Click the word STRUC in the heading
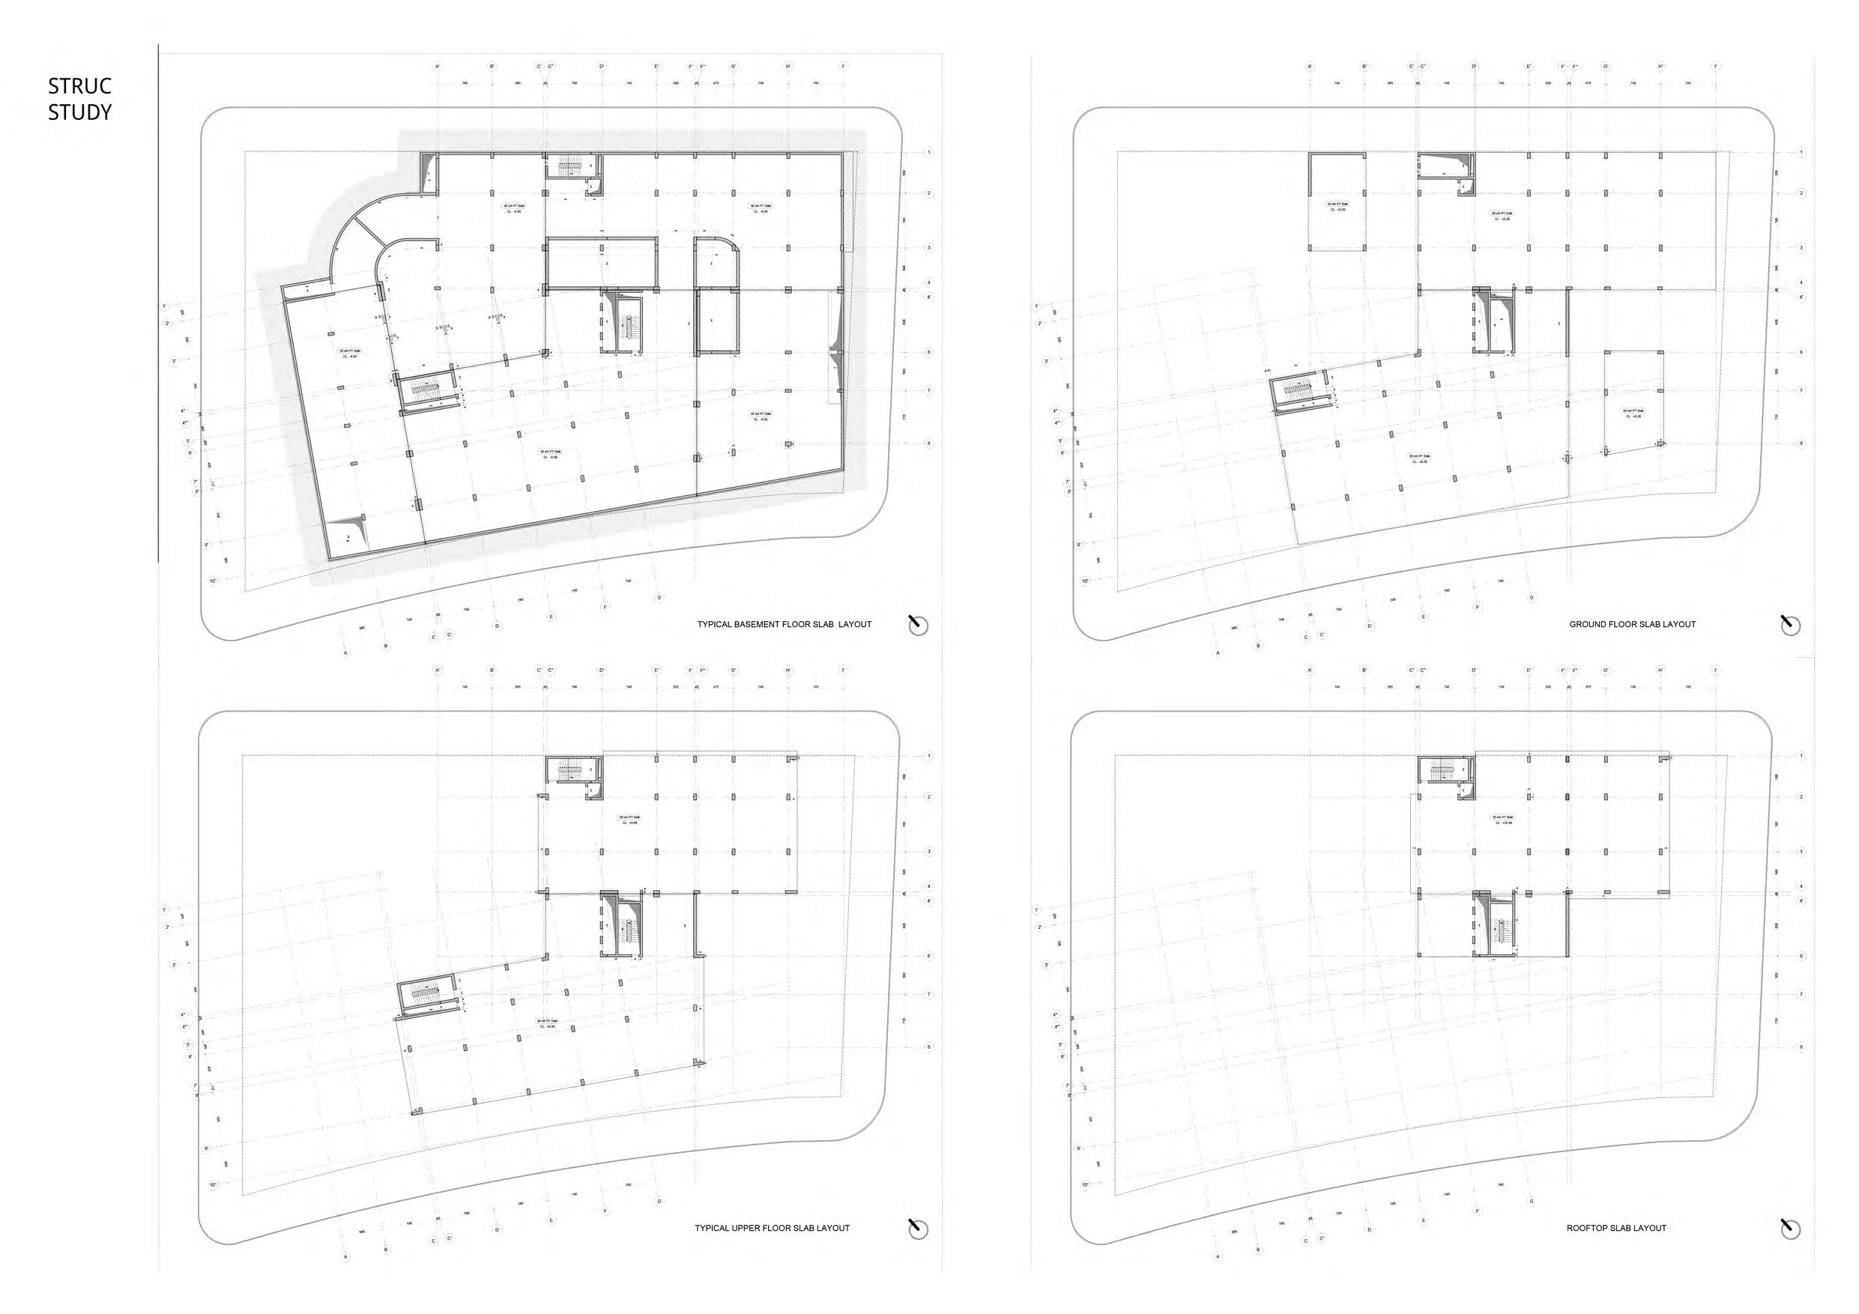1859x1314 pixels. click(79, 86)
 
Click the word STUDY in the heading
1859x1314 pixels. click(79, 112)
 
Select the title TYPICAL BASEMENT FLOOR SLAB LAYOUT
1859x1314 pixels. click(784, 624)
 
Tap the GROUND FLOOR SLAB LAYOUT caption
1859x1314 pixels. click(1632, 624)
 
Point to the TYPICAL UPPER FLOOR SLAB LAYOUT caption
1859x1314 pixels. click(772, 1228)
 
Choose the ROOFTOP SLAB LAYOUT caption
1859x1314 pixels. click(1616, 1228)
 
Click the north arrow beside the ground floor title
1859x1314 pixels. click(1790, 625)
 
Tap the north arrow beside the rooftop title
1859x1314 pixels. click(1790, 1229)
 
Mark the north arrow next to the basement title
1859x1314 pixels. click(917, 625)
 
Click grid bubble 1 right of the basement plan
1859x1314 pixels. click(928, 152)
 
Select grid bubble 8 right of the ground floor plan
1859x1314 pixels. click(1801, 443)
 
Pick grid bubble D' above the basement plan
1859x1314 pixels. click(602, 67)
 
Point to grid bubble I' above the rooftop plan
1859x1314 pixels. click(1716, 670)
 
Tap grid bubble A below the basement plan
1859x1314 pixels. click(345, 653)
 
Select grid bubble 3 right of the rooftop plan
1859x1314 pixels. click(1801, 852)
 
